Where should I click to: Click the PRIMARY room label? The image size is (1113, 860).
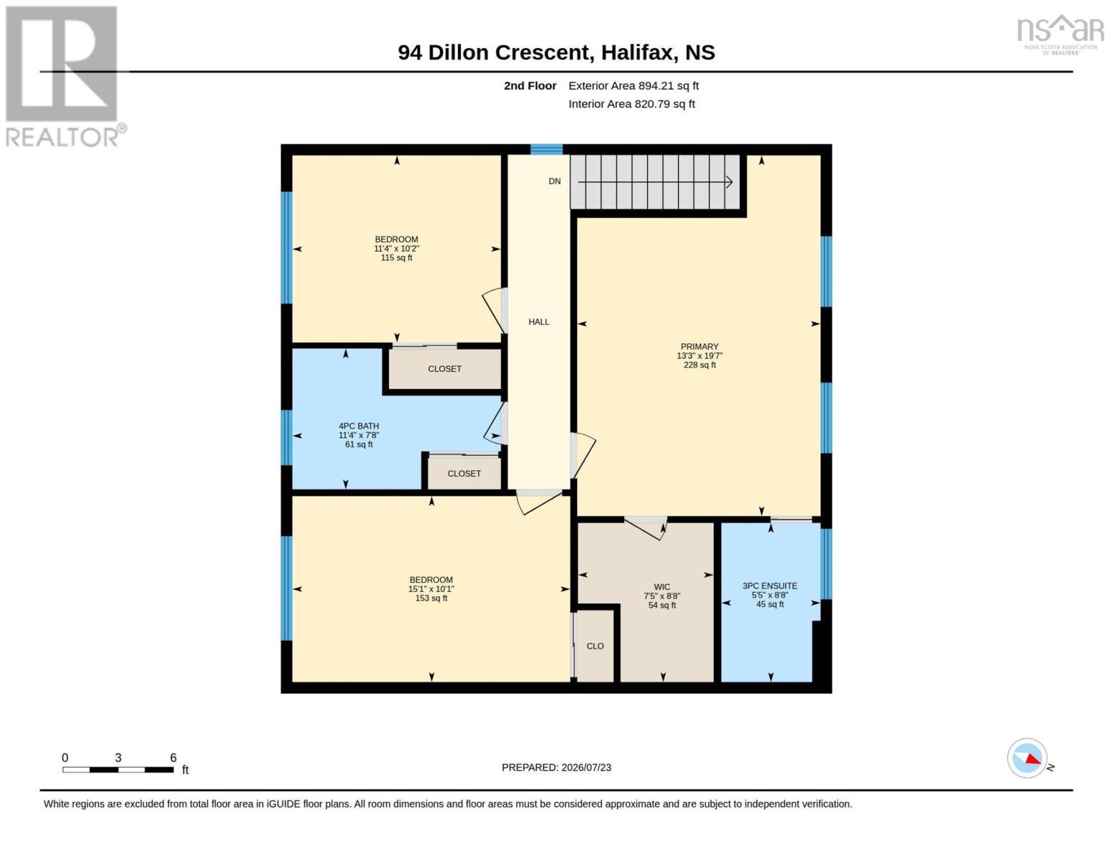(699, 347)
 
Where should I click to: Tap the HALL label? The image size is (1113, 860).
(539, 322)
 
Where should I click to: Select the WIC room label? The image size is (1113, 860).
(661, 587)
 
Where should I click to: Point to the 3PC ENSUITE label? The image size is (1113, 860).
(770, 586)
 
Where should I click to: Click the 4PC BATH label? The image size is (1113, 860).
(358, 426)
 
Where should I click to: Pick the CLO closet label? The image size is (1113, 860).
(595, 646)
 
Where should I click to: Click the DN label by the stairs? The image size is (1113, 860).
(555, 181)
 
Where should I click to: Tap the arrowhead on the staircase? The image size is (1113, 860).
(729, 182)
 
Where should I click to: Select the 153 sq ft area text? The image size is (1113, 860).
(431, 598)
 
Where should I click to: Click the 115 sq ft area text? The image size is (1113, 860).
(396, 257)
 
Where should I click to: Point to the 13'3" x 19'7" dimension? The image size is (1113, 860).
(699, 356)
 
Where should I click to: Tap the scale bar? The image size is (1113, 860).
(118, 770)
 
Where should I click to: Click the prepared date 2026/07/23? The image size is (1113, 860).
(586, 768)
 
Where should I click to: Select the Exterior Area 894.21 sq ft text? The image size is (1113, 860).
(634, 86)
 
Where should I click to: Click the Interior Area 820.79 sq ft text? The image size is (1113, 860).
(631, 104)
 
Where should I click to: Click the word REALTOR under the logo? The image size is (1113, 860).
(62, 138)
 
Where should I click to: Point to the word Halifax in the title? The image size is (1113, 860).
(636, 52)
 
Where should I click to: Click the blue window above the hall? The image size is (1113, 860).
(547, 150)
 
